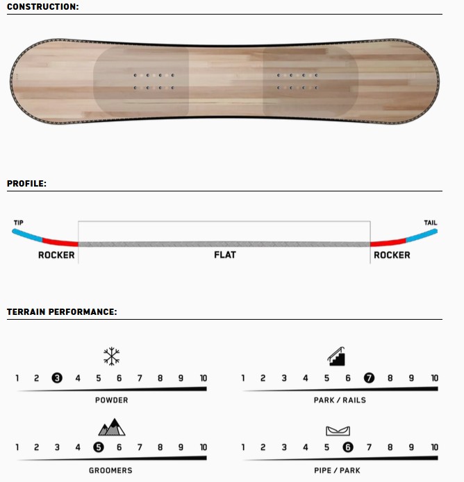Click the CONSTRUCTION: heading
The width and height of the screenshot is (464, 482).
pyautogui.click(x=43, y=7)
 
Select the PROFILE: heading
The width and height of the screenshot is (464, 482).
pyautogui.click(x=27, y=184)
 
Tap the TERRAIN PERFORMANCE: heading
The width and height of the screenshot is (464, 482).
pyautogui.click(x=62, y=311)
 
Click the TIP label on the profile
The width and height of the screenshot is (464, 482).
pyautogui.click(x=19, y=223)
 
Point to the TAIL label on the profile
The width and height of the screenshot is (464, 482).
pyautogui.click(x=431, y=223)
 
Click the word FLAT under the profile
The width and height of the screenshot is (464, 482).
pyautogui.click(x=225, y=255)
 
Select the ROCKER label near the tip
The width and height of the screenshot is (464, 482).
pyautogui.click(x=56, y=255)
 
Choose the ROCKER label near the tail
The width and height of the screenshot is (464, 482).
pyautogui.click(x=392, y=255)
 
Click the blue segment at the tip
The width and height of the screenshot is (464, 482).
pyautogui.click(x=27, y=235)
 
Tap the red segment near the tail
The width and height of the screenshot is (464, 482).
pyautogui.click(x=388, y=242)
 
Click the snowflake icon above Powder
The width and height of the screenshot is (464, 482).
pyautogui.click(x=111, y=356)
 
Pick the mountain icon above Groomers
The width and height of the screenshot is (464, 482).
pyautogui.click(x=112, y=427)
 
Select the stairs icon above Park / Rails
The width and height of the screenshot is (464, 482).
pyautogui.click(x=336, y=356)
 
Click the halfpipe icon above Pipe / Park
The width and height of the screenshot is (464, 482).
pyautogui.click(x=338, y=431)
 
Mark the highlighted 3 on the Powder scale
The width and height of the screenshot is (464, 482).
pyautogui.click(x=57, y=378)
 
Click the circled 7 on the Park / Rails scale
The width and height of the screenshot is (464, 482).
pyautogui.click(x=369, y=378)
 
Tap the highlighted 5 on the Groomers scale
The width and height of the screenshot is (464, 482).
pyautogui.click(x=99, y=447)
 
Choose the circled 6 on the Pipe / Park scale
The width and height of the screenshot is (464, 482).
pyautogui.click(x=348, y=447)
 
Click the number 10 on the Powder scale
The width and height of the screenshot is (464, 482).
pyautogui.click(x=204, y=378)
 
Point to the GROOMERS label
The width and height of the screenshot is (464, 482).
pyautogui.click(x=110, y=470)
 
